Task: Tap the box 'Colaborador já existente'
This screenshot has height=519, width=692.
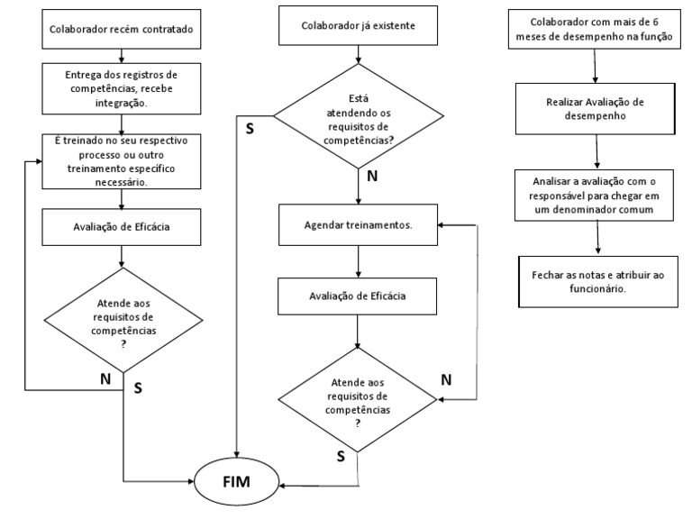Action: point(360,26)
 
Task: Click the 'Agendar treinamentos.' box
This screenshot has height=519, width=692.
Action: point(358,224)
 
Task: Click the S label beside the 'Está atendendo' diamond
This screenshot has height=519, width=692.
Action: point(250,128)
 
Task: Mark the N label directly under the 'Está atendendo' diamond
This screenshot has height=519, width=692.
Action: point(370,177)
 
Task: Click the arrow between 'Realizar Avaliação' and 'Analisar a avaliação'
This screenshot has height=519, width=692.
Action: point(595,150)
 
